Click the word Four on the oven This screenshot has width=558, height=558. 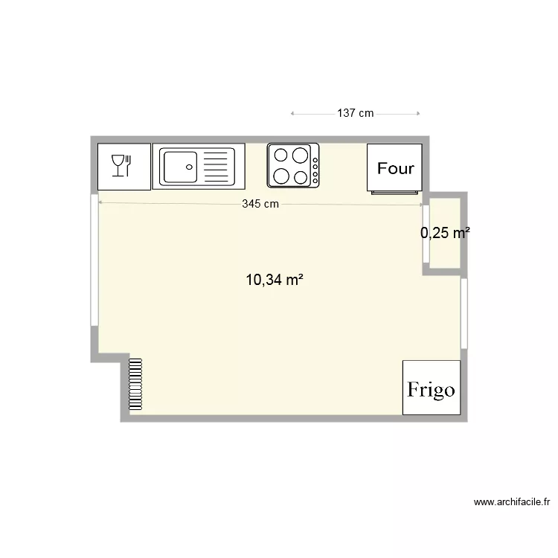tap(395, 168)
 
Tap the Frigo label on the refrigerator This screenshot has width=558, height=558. tap(431, 390)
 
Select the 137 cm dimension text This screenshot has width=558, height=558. tap(355, 114)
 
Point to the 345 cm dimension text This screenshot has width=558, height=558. tap(260, 204)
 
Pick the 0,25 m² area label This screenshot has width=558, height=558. tap(445, 233)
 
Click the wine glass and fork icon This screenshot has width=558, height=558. tap(121, 165)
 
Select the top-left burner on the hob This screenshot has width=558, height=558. tap(281, 155)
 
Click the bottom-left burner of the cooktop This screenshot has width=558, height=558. tap(281, 176)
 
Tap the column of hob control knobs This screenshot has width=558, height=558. tap(315, 170)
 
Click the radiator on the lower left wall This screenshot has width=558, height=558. tap(135, 385)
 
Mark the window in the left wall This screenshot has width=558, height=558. tap(94, 260)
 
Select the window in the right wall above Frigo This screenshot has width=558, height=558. tap(464, 312)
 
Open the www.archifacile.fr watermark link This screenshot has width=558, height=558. tap(511, 503)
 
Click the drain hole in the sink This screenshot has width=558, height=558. tap(190, 167)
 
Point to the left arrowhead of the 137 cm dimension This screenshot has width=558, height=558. tap(292, 114)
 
